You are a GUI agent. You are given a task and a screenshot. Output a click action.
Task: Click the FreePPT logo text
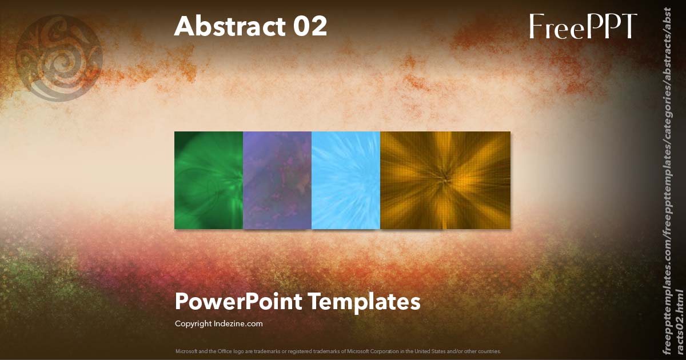click(583, 26)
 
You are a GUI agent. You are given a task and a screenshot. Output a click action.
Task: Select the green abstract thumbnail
click(209, 180)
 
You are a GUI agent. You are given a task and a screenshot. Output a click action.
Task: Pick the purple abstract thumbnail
click(277, 180)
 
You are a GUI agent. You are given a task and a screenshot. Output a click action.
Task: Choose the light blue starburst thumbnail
click(346, 180)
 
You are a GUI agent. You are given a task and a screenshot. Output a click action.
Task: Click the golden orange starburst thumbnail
click(445, 180)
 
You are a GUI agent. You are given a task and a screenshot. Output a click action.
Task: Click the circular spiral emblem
click(59, 58)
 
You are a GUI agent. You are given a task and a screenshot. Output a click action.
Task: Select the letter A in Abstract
click(184, 26)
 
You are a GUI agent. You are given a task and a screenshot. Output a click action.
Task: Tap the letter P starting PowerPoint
click(182, 301)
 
